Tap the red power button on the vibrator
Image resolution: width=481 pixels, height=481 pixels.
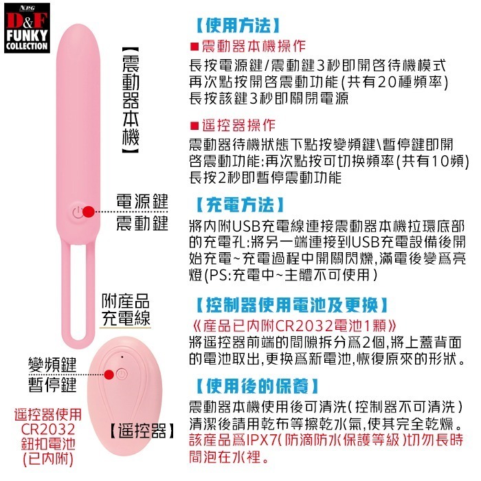tap(85, 211)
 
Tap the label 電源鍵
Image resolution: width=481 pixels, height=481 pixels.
tap(142, 201)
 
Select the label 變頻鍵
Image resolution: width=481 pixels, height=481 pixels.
tap(52, 363)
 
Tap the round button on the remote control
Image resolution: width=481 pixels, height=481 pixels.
tap(122, 374)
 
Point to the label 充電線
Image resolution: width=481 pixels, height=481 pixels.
tap(126, 318)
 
